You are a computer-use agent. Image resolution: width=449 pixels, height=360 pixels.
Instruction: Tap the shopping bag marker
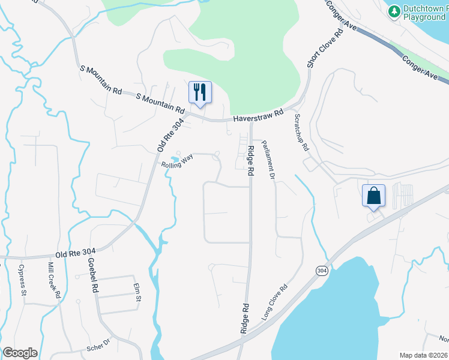click(x=373, y=196)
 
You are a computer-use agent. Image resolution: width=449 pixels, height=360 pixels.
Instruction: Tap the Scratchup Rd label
click(x=301, y=133)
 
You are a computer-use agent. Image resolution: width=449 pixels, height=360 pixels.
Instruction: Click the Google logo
click(x=20, y=353)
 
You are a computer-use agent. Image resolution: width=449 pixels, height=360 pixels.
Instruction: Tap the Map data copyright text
click(x=424, y=355)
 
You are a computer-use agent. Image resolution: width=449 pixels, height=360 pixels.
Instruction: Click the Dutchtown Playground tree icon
click(x=394, y=11)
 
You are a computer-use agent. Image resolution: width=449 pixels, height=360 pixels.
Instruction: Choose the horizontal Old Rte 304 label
click(x=76, y=251)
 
